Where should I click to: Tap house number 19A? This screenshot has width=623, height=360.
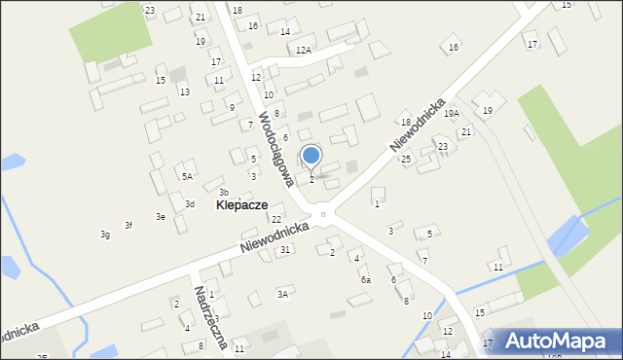451,114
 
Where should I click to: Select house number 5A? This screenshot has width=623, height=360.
187,176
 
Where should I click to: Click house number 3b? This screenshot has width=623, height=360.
223,192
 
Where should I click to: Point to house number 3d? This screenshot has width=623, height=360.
190,203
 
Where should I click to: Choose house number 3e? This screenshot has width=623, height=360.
161,216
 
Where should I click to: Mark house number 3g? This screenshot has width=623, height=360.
104,234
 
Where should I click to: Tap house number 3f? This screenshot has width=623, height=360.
128,226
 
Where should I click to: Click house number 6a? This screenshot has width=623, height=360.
366,279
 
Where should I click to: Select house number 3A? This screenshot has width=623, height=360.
283,293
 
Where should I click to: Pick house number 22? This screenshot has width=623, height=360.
276,219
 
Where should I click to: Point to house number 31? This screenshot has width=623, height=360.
285,250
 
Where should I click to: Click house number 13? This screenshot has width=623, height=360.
184,91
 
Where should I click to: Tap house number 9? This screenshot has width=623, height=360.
232,108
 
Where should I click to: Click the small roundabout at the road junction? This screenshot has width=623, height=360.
322,213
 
